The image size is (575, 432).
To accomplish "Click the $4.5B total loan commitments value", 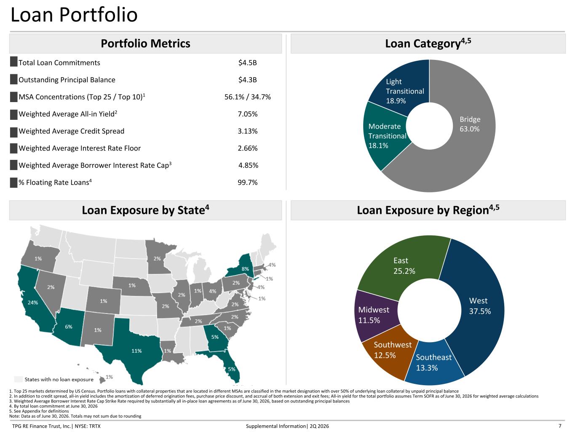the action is (247, 63).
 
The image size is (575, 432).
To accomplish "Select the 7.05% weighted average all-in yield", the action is (248, 114).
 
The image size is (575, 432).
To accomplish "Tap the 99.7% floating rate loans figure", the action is (248, 182).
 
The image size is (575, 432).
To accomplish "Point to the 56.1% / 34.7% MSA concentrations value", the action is (248, 97).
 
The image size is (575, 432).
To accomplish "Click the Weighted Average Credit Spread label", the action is (71, 131).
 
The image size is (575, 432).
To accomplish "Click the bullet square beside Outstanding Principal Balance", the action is (13, 79).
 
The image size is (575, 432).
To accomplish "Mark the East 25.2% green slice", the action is (404, 265).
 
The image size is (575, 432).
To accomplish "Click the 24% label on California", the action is (33, 302).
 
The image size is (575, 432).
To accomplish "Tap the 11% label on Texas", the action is (136, 351).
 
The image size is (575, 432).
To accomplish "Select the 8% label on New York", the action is (245, 269).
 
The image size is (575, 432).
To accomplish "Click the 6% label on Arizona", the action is (69, 327).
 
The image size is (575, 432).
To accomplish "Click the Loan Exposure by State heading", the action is (145, 210).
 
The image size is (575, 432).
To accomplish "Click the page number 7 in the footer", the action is (560, 426).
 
